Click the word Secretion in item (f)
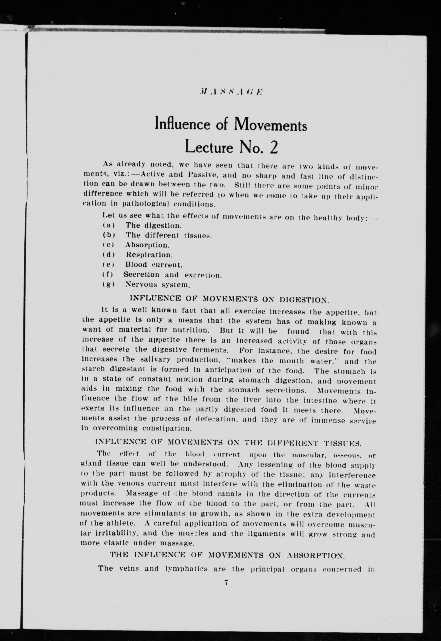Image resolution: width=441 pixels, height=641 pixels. pyautogui.click(x=141, y=275)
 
